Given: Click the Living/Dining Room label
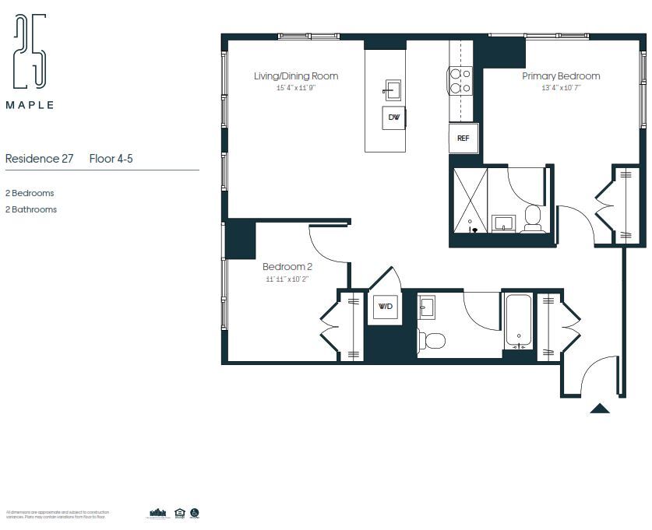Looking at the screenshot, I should tap(296, 76).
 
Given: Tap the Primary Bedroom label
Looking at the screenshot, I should tap(561, 76).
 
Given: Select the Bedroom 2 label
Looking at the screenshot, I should tap(287, 267).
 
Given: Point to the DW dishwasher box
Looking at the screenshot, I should tap(393, 118).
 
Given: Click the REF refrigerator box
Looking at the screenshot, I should tap(463, 139).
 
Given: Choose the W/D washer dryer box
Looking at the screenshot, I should tap(385, 307).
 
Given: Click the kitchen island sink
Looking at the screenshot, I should tap(392, 90).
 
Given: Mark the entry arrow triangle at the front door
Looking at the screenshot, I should tap(599, 408).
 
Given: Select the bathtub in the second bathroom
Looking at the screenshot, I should tap(518, 321).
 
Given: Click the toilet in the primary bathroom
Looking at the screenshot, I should tap(534, 218).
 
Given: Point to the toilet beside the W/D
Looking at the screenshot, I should tap(431, 340).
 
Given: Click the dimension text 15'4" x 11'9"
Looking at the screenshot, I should tap(296, 88).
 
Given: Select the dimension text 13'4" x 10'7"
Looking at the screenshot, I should tap(561, 88).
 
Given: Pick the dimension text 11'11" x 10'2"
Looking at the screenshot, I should tap(287, 279).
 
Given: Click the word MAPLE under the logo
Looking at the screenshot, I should tap(30, 105).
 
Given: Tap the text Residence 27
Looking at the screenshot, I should tap(39, 159).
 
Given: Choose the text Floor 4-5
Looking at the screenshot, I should tap(111, 159).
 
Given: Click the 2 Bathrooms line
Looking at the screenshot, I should tap(31, 209).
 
